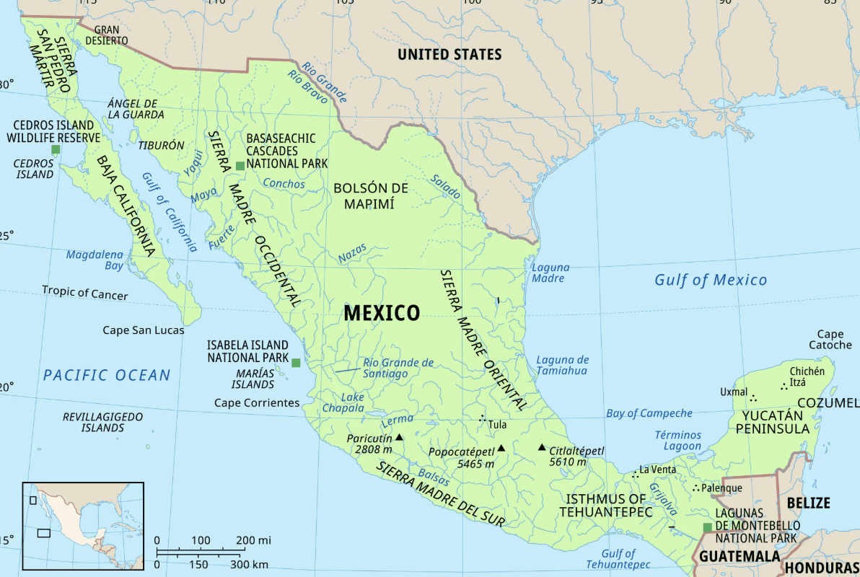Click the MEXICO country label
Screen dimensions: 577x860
click(381, 313)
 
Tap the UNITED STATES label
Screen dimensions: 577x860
click(449, 55)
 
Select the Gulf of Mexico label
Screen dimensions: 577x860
click(711, 280)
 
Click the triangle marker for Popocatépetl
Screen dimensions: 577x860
click(501, 448)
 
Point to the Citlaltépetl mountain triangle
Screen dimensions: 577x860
click(542, 447)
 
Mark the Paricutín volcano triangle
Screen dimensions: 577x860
click(399, 437)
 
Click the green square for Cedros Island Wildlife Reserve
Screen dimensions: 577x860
click(56, 149)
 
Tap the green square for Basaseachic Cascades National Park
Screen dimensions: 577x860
click(240, 166)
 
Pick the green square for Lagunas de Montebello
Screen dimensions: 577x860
click(707, 528)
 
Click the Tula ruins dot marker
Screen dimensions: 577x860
click(483, 419)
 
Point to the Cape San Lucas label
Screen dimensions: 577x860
click(143, 330)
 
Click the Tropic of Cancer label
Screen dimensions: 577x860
click(84, 293)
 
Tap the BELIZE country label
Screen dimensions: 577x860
click(808, 503)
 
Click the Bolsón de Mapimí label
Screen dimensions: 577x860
click(371, 195)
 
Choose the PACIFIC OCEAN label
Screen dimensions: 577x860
click(107, 375)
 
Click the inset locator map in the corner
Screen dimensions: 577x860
click(83, 526)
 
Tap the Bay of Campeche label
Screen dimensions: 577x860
click(649, 413)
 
